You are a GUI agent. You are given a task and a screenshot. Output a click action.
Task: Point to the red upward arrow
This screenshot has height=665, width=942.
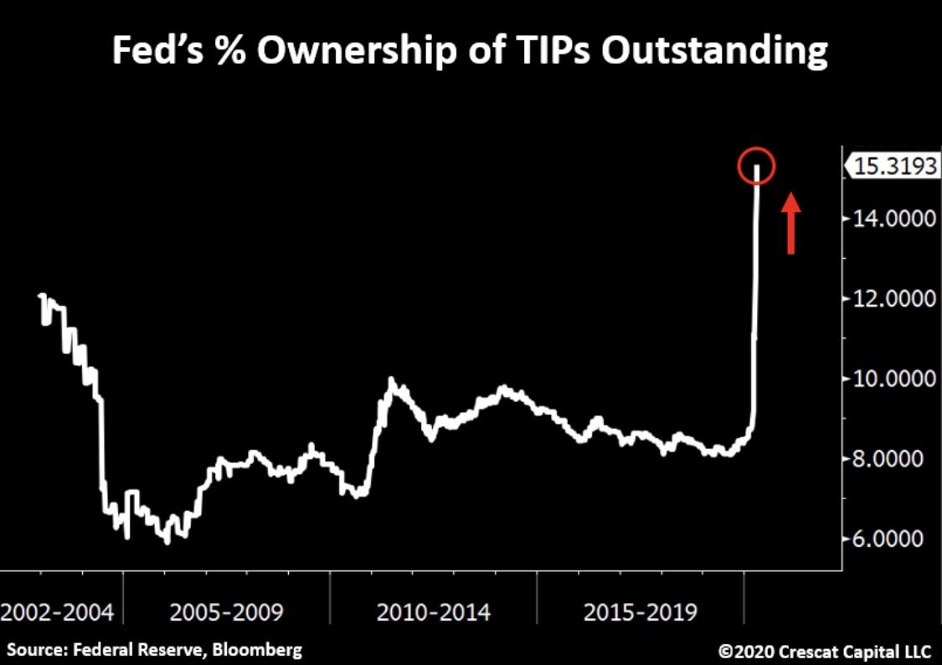(790, 222)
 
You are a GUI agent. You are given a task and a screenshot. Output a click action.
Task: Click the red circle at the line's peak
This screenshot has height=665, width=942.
(756, 166)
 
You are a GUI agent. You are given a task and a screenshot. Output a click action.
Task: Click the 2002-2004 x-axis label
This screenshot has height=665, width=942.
(57, 612)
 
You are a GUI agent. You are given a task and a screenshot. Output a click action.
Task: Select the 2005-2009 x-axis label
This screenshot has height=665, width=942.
(226, 612)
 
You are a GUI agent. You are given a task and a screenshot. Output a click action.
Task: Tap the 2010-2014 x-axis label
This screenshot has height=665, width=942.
(434, 612)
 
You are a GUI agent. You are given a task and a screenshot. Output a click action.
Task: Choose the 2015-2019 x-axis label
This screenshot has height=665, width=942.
(641, 612)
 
